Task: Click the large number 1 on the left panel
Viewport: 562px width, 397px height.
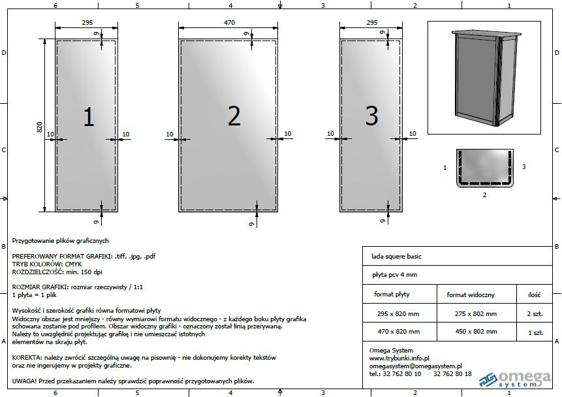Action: pyautogui.click(x=89, y=117)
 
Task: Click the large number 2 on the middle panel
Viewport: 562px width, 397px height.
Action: pyautogui.click(x=234, y=116)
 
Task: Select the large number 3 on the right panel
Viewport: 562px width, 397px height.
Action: pyautogui.click(x=371, y=116)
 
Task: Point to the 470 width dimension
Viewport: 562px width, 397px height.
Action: pyautogui.click(x=229, y=23)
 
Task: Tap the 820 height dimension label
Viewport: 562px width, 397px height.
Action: pyautogui.click(x=39, y=127)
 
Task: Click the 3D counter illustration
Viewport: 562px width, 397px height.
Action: pyautogui.click(x=486, y=78)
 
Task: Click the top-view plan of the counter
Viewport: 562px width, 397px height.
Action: pyautogui.click(x=484, y=168)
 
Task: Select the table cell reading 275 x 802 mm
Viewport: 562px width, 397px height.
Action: pyautogui.click(x=476, y=314)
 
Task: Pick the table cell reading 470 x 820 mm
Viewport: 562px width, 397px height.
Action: pyautogui.click(x=399, y=332)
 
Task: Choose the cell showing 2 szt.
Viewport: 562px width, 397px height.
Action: pyautogui.click(x=535, y=314)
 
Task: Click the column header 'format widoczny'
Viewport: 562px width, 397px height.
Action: pyautogui.click(x=471, y=294)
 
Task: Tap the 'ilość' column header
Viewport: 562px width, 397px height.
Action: pyautogui.click(x=534, y=294)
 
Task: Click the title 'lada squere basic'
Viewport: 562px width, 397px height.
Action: pyautogui.click(x=396, y=257)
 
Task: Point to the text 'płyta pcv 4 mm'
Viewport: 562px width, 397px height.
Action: pyautogui.click(x=395, y=275)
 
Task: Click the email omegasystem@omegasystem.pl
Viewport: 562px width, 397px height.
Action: pyautogui.click(x=415, y=366)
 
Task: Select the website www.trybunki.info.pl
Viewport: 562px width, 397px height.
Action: pyautogui.click(x=399, y=358)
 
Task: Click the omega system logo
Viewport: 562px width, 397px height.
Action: pyautogui.click(x=515, y=379)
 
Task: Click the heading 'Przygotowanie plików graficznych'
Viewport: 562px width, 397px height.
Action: pyautogui.click(x=60, y=241)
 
